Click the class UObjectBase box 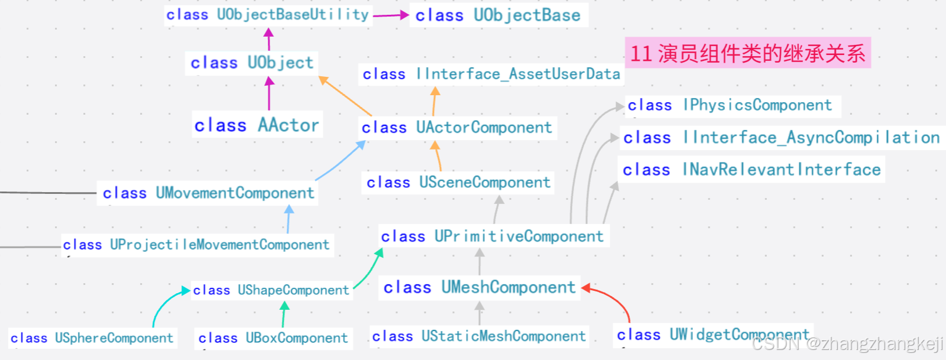(x=498, y=15)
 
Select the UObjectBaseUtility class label (x=268, y=15)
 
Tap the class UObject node (x=252, y=63)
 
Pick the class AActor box (x=257, y=125)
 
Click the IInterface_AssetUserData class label (x=491, y=74)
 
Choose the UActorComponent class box (x=456, y=128)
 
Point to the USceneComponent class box (x=458, y=182)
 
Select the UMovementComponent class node (x=208, y=193)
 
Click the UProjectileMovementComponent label (x=196, y=245)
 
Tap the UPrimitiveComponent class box (x=492, y=236)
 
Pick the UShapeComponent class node (x=271, y=290)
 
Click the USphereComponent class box (x=92, y=338)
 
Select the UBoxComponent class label (x=273, y=338)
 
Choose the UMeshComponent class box (x=479, y=288)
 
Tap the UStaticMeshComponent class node (x=479, y=336)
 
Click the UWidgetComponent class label (x=712, y=335)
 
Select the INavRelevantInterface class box (x=751, y=170)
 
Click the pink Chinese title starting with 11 (x=747, y=53)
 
